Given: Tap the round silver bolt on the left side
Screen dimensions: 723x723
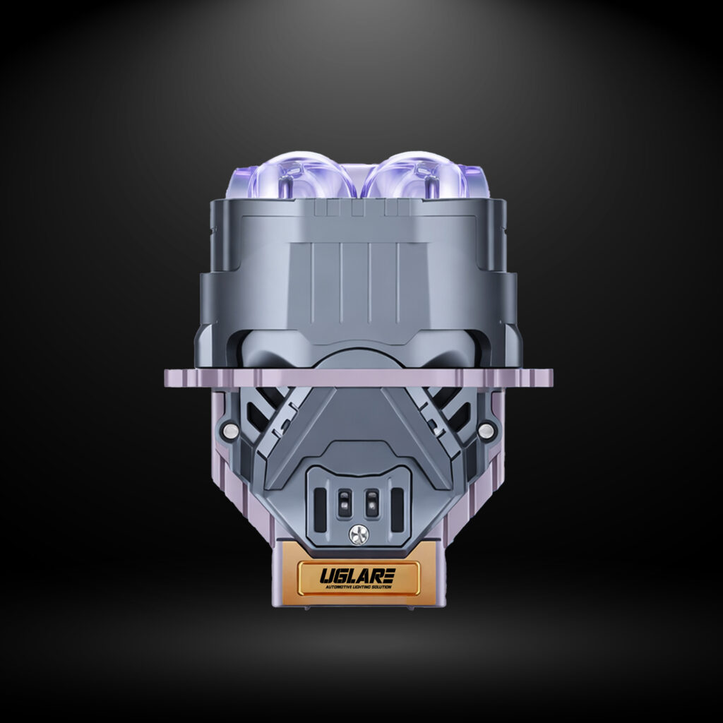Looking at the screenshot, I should (229, 429).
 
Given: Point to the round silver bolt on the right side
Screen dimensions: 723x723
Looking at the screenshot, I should (486, 429).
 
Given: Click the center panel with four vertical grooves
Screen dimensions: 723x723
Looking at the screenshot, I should (360, 275).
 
